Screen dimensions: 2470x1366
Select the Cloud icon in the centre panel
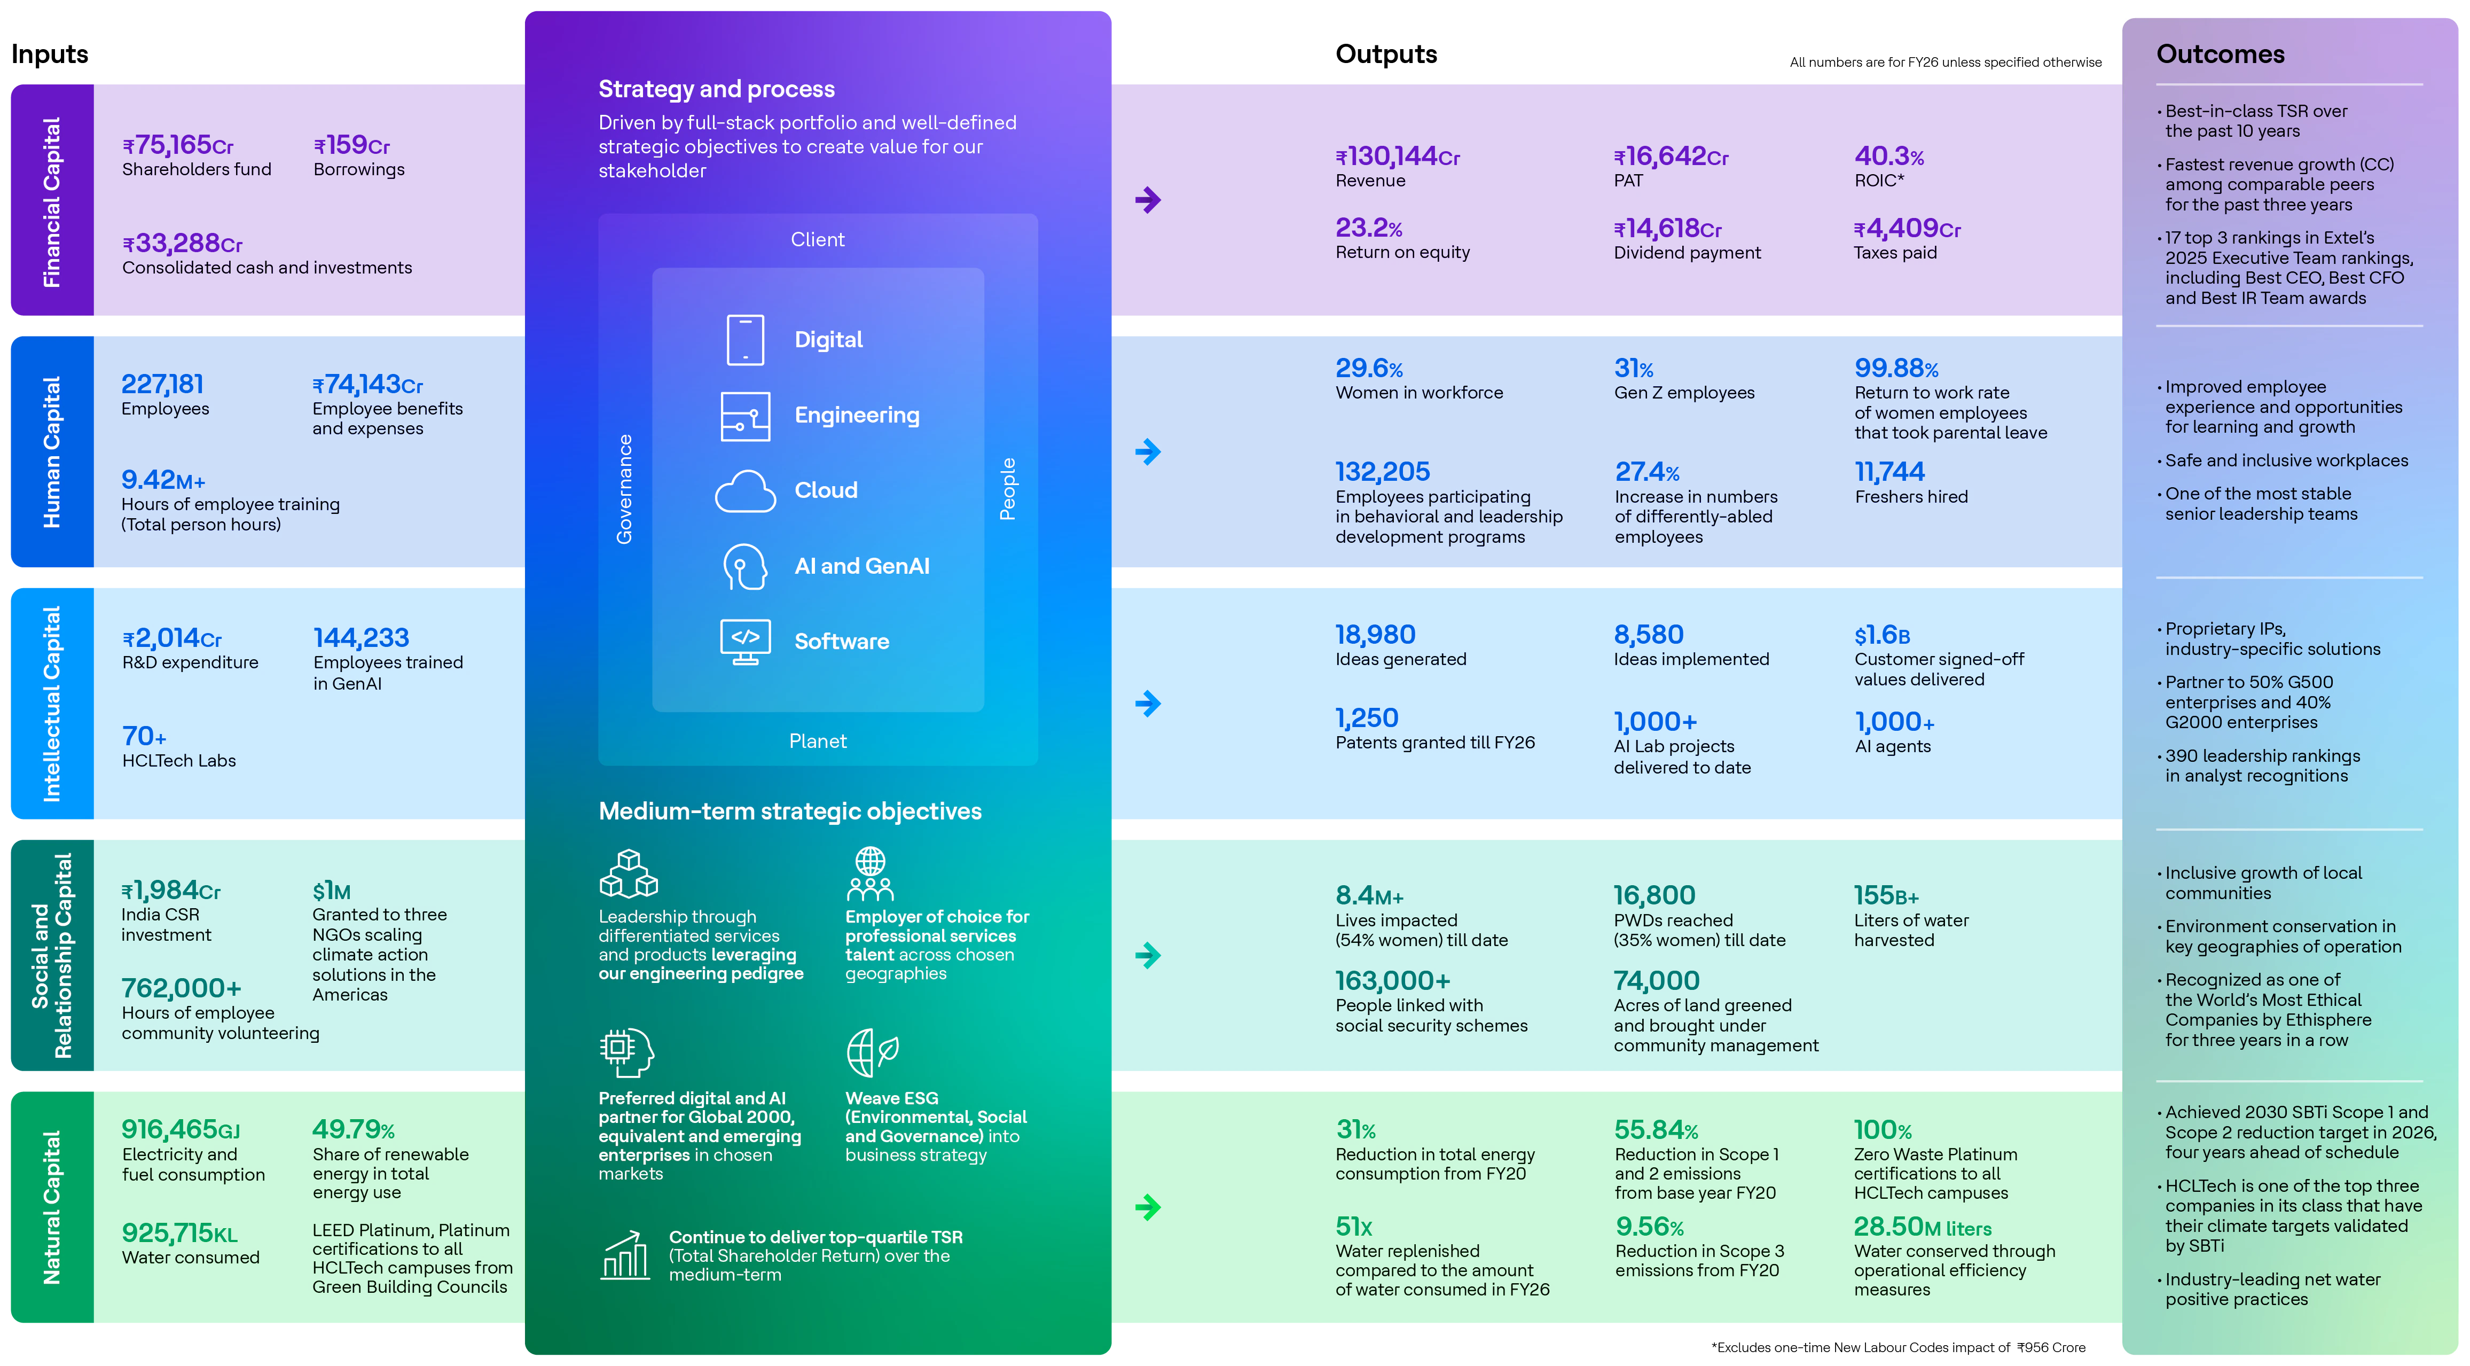click(745, 491)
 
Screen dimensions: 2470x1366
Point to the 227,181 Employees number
click(162, 385)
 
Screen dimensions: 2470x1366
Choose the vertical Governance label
click(624, 489)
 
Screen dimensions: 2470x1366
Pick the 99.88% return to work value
click(1896, 369)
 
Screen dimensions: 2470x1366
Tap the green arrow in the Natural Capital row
click(1148, 1207)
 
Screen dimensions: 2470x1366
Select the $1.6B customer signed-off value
click(1881, 635)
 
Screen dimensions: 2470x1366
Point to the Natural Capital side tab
click(52, 1207)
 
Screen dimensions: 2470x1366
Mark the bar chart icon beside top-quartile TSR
click(625, 1256)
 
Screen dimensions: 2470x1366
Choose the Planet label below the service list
click(818, 741)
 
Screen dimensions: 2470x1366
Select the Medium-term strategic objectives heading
click(790, 811)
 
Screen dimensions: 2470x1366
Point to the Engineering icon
click(745, 416)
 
